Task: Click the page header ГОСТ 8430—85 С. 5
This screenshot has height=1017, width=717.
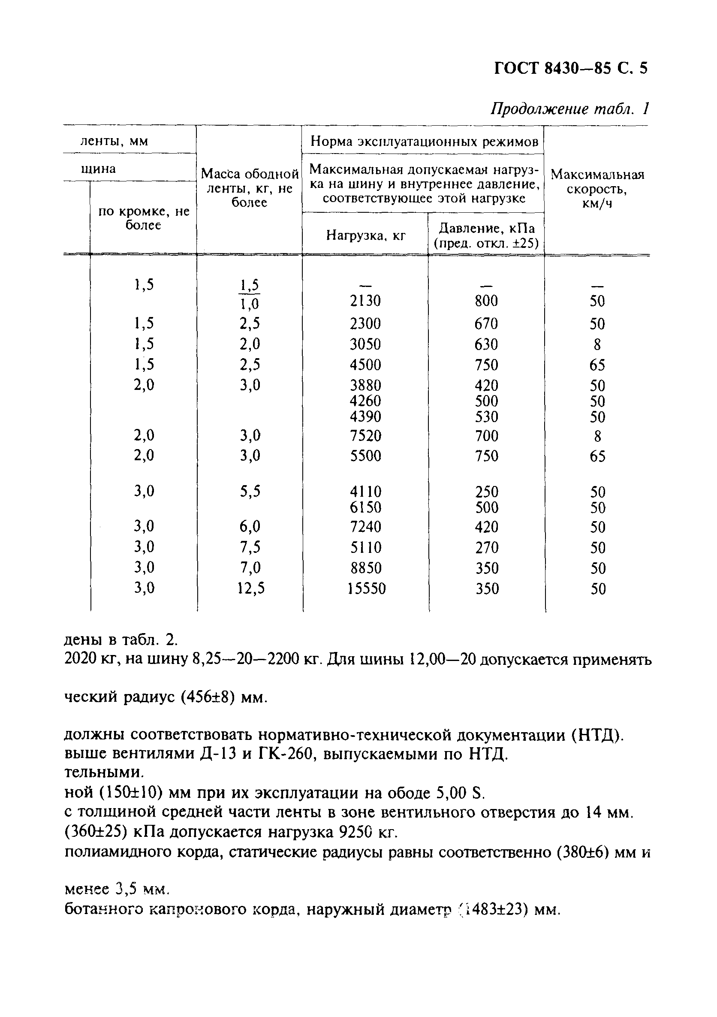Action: coord(570,69)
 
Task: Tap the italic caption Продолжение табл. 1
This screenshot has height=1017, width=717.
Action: coord(569,109)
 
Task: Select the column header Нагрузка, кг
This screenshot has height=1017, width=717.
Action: coord(366,235)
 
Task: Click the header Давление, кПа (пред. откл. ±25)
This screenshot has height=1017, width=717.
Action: coord(486,235)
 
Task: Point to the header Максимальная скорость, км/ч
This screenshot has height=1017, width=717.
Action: coord(597,189)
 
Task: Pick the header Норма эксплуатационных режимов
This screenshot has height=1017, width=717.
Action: coord(424,142)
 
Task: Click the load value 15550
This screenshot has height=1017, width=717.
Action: coord(366,588)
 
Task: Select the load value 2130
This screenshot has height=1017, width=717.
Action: coord(365,301)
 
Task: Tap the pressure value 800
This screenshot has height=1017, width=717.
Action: coord(486,301)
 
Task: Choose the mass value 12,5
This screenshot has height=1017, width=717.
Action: coord(250,588)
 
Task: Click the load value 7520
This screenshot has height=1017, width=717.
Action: coord(365,436)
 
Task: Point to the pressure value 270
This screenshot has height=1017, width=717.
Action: coord(487,548)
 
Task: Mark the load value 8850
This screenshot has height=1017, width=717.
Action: coord(365,568)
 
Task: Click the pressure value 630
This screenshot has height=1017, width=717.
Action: coord(486,344)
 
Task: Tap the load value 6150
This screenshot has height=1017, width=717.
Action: coord(365,507)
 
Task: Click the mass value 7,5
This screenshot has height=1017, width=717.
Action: coord(250,547)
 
